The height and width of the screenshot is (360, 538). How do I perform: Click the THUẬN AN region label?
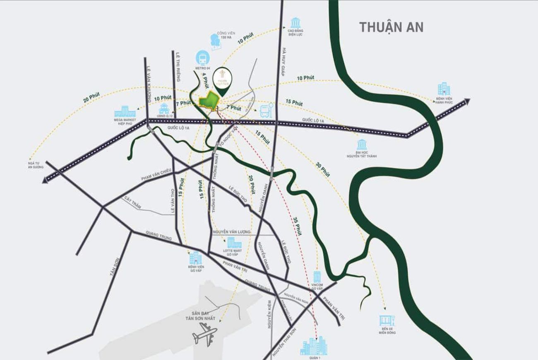pyautogui.click(x=391, y=27)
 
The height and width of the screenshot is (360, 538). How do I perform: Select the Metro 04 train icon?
pyautogui.click(x=203, y=57)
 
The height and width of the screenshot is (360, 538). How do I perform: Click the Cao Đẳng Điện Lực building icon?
pyautogui.click(x=295, y=23)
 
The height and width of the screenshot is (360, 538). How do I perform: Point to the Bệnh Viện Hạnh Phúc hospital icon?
pyautogui.click(x=444, y=89)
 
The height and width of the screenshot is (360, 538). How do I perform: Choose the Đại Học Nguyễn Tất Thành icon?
pyautogui.click(x=362, y=144)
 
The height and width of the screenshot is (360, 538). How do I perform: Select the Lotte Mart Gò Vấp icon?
pyautogui.click(x=234, y=242)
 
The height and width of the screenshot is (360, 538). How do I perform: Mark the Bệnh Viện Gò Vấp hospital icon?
pyautogui.click(x=195, y=258)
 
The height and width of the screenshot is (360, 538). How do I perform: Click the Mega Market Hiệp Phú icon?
pyautogui.click(x=125, y=111)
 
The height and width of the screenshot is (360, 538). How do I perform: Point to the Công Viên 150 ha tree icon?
pyautogui.click(x=215, y=40)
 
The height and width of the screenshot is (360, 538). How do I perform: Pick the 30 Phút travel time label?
pyautogui.click(x=323, y=170)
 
